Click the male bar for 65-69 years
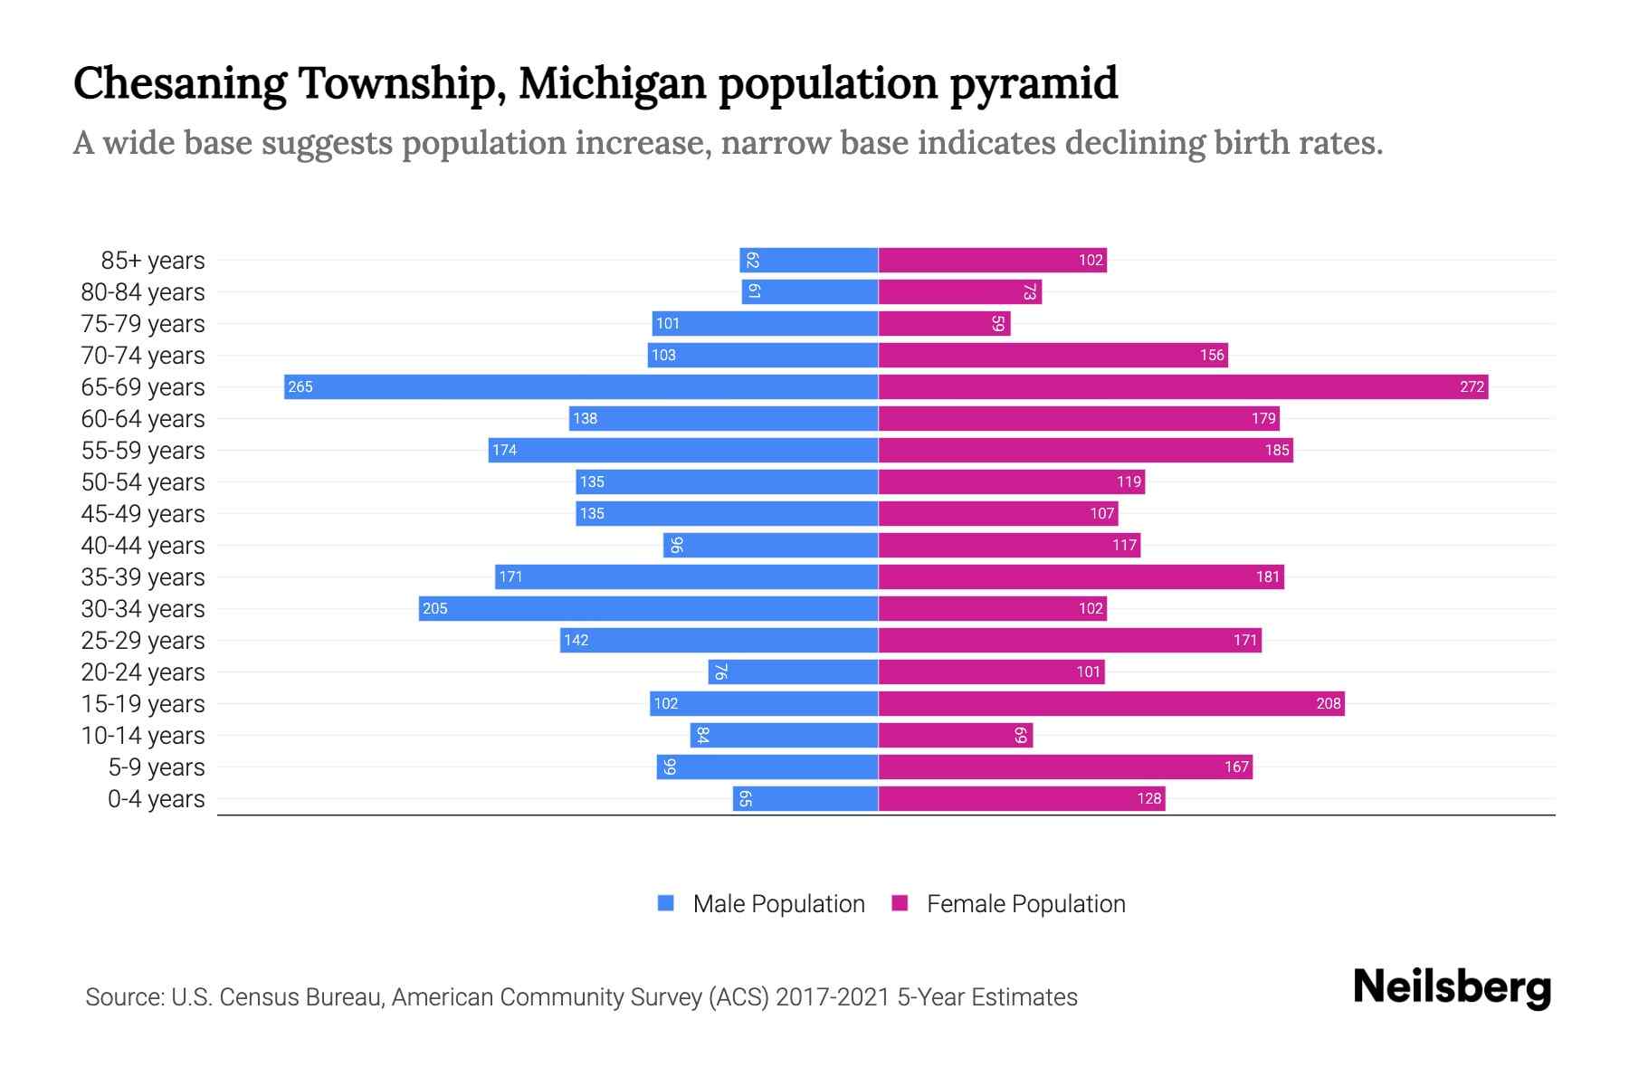coord(581,386)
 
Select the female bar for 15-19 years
coord(1111,703)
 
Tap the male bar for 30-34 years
coord(648,608)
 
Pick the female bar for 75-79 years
coord(944,323)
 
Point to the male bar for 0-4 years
coord(805,798)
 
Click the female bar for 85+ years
coord(992,260)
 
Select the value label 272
coord(1472,387)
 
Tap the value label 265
coord(300,387)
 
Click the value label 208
coord(1328,704)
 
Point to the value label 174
coord(504,451)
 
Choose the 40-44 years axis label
coord(143,546)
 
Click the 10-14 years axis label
coord(143,736)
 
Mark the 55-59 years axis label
coord(143,451)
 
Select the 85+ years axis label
coord(153,261)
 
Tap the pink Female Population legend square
coord(900,903)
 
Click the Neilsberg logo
coord(1452,987)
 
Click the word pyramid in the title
coord(1034,84)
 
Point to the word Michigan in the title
coord(612,84)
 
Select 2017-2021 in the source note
coord(832,997)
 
